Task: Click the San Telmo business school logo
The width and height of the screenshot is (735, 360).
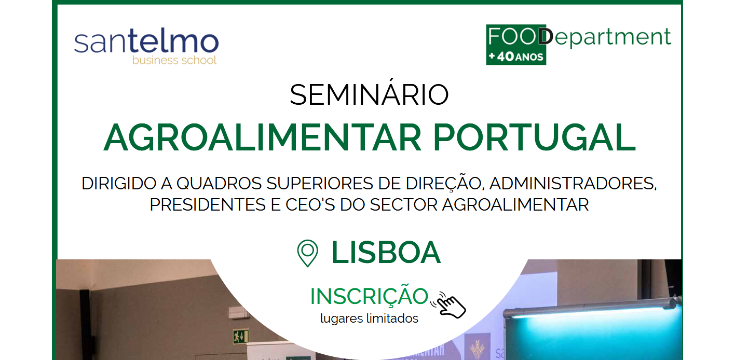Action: (x=146, y=46)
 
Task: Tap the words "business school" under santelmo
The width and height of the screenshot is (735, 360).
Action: (x=174, y=60)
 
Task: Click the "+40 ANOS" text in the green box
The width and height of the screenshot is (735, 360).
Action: (x=516, y=57)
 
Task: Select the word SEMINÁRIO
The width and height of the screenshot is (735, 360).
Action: (x=369, y=95)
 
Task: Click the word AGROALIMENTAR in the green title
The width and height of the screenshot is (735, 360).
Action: (x=263, y=137)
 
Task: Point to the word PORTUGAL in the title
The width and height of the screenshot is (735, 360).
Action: (x=534, y=137)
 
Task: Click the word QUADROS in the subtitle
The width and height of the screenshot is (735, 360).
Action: (x=219, y=184)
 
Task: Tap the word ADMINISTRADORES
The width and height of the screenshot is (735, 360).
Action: (x=573, y=184)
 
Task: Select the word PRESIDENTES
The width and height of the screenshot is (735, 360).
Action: (x=208, y=205)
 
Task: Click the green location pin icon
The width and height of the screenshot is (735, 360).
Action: (x=307, y=253)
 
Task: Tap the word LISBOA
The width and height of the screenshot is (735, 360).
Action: (x=386, y=253)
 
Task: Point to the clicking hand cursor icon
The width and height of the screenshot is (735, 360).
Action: (x=449, y=306)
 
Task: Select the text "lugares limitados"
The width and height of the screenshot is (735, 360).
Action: (x=369, y=319)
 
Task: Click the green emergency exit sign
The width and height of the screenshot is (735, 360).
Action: (x=241, y=336)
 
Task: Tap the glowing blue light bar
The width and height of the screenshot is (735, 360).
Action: (x=591, y=308)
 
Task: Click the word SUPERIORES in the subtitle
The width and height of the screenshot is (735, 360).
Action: (x=320, y=184)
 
